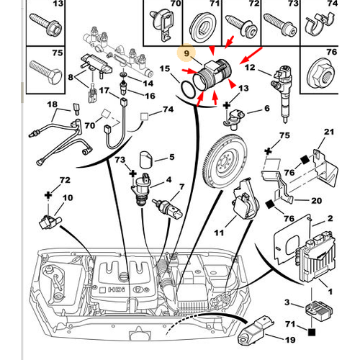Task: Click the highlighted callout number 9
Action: pyautogui.click(x=186, y=53)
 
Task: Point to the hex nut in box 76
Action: pyautogui.click(x=321, y=73)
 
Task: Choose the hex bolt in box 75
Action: pyautogui.click(x=45, y=73)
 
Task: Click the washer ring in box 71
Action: pyautogui.click(x=203, y=27)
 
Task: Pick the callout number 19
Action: pyautogui.click(x=289, y=340)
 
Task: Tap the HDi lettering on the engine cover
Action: pyautogui.click(x=117, y=289)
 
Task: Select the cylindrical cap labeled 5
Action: pyautogui.click(x=146, y=159)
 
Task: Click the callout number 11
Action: pyautogui.click(x=219, y=233)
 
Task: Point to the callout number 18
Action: pyautogui.click(x=52, y=104)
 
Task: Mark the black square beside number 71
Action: pyautogui.click(x=312, y=332)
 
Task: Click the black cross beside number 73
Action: pyautogui.click(x=132, y=174)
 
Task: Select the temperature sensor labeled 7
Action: pyautogui.click(x=168, y=208)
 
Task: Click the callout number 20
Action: pyautogui.click(x=316, y=200)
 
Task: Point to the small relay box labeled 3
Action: pyautogui.click(x=318, y=311)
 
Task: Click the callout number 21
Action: pyautogui.click(x=329, y=132)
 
